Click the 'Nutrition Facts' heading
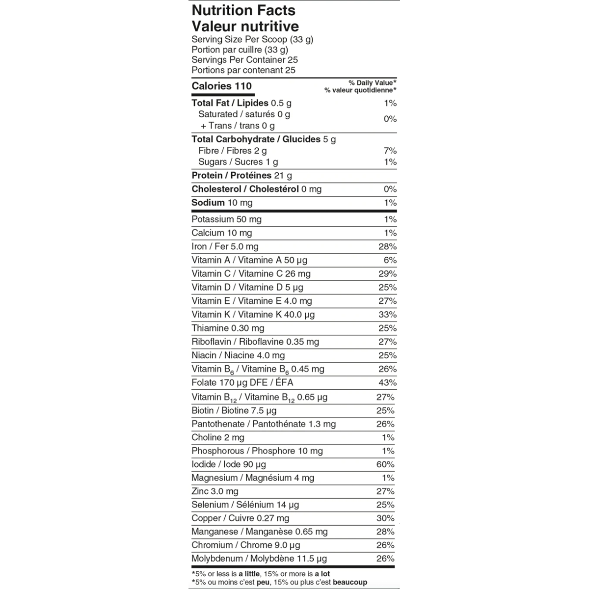coord(243,10)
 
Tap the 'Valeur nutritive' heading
coord(245,27)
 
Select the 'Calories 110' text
coord(221,86)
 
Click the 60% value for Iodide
coord(385,464)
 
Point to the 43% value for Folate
coord(387,383)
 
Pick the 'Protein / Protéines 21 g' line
coord(241,176)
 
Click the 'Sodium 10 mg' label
coord(222,203)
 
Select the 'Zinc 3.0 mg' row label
coord(215,491)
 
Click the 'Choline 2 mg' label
coord(218,437)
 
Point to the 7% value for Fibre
coord(390,151)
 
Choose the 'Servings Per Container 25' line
coord(244,60)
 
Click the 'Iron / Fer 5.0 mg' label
coord(225,247)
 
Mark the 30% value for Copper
coord(385,518)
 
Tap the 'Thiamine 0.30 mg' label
coord(228,328)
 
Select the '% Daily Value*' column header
coord(373,83)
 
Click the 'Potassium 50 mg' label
coord(226,219)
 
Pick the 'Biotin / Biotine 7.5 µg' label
coord(234,410)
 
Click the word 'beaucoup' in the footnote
coord(349,582)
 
